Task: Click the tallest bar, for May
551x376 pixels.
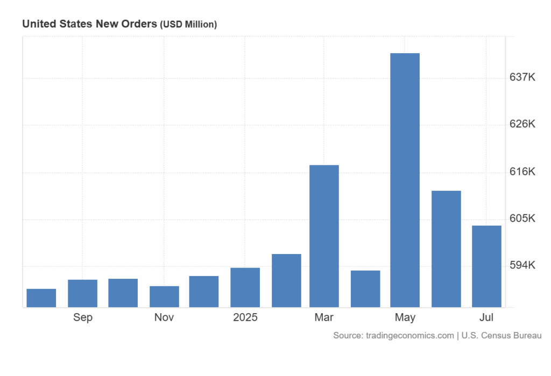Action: (405, 180)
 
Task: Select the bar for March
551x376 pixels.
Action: (324, 236)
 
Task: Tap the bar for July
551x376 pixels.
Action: (486, 266)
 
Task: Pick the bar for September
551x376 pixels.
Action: (82, 293)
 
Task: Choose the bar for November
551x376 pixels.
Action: (164, 297)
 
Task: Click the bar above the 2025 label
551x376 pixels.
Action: (245, 287)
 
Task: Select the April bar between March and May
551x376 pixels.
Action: (365, 288)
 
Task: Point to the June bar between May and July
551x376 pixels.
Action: (446, 249)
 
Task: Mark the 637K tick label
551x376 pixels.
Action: (522, 77)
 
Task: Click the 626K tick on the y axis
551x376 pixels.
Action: (522, 124)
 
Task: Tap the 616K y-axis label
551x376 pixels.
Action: (522, 172)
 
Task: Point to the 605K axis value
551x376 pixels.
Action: (522, 219)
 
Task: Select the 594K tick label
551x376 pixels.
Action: (522, 265)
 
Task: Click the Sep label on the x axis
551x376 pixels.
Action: (83, 317)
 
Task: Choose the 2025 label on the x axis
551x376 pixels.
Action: (245, 317)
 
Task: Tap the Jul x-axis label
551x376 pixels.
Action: (486, 317)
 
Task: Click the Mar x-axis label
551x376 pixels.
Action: (324, 317)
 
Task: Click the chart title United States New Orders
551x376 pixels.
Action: (89, 24)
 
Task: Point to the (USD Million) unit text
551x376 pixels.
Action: (188, 25)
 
